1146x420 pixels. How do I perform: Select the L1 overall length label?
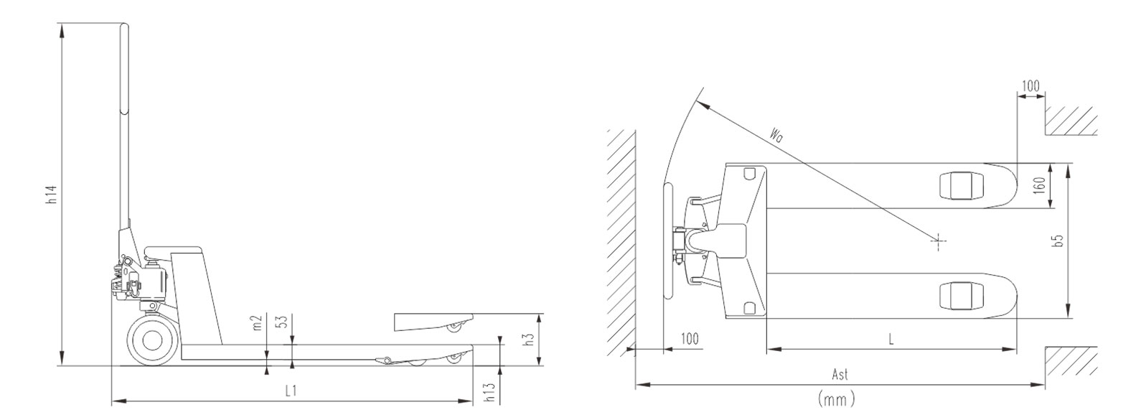pos(291,391)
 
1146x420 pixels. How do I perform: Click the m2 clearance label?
pos(258,323)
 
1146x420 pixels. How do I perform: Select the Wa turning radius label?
pos(776,133)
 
